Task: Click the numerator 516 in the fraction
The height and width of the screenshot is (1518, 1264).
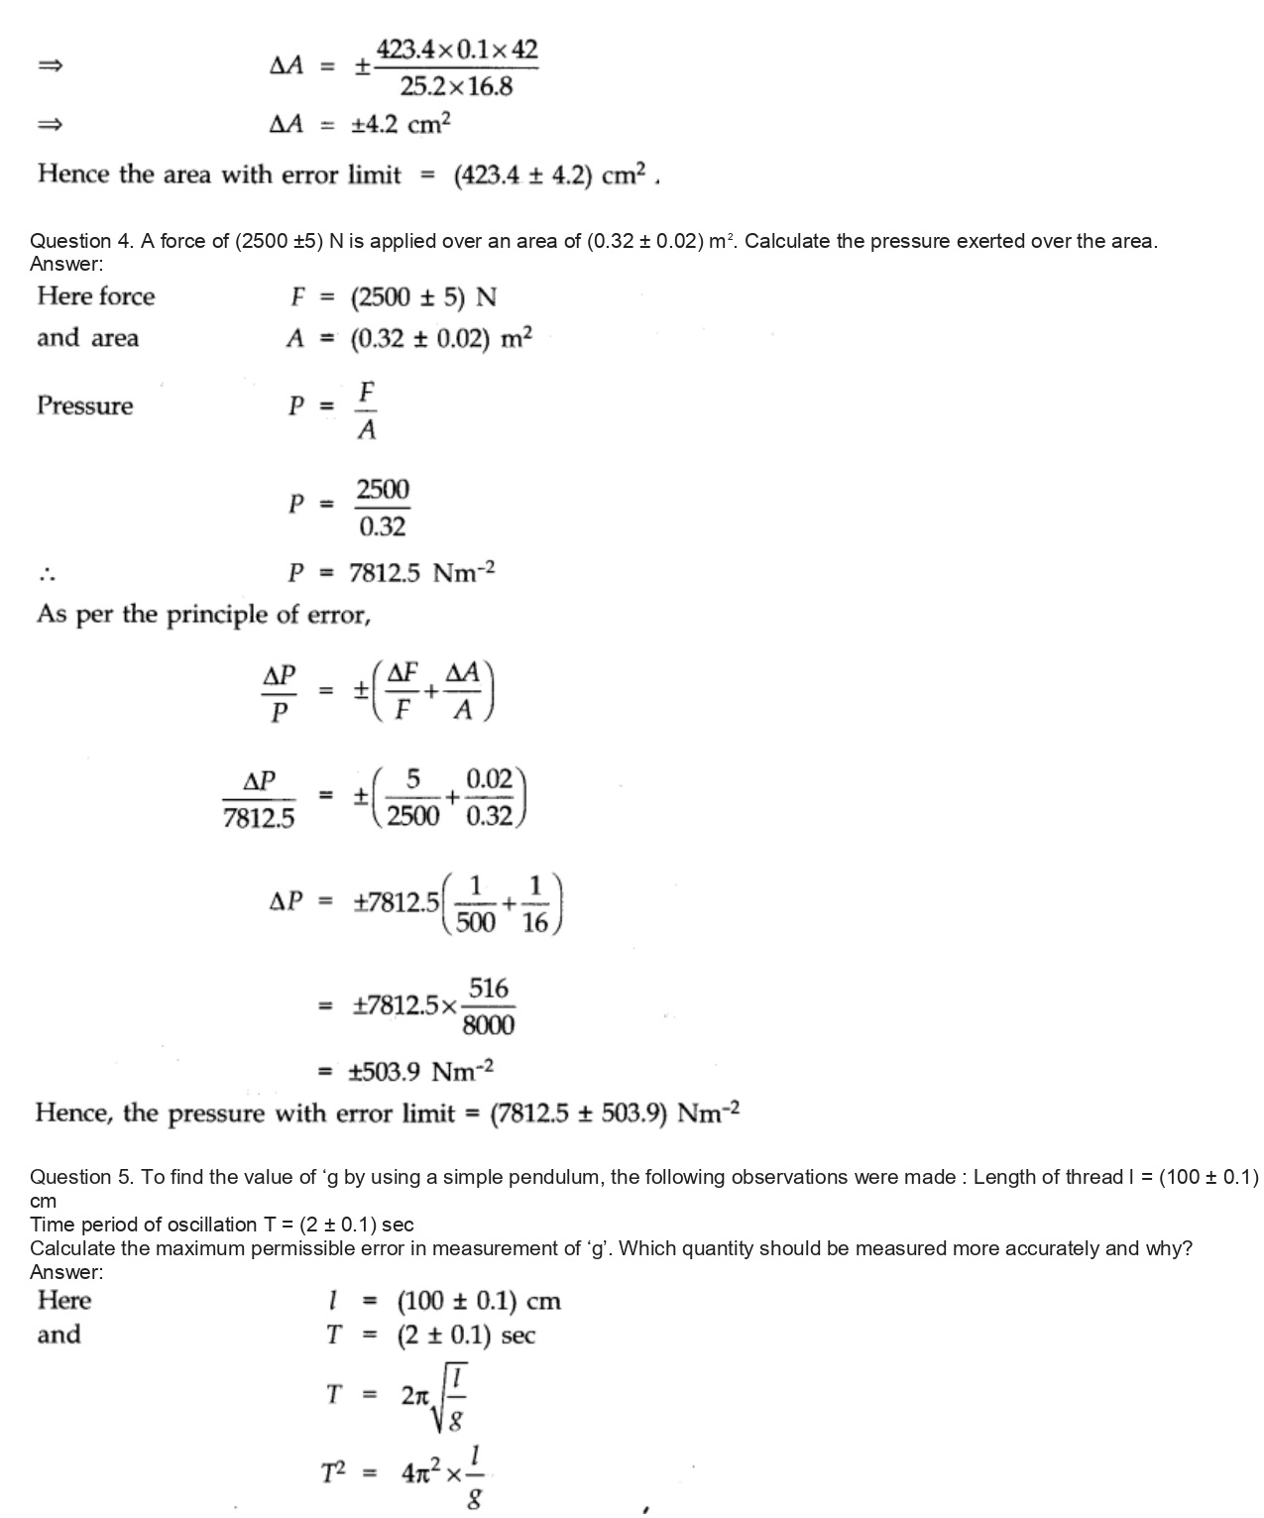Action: tap(489, 989)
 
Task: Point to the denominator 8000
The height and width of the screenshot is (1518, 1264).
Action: tap(489, 1024)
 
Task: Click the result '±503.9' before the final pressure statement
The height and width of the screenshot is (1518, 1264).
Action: tap(385, 1072)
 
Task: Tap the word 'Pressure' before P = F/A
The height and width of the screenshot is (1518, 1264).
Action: tap(84, 406)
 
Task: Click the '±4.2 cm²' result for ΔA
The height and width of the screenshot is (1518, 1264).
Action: tap(401, 125)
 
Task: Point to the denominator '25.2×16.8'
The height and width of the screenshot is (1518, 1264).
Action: tap(456, 87)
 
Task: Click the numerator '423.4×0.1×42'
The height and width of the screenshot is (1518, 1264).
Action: tap(457, 50)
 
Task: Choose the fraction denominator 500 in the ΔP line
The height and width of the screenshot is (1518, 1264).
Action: tap(476, 922)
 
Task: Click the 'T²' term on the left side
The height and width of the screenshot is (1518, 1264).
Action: tap(333, 1474)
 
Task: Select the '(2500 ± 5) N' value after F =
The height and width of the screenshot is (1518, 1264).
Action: tap(423, 297)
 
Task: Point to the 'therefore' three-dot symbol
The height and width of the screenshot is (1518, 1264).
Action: tap(48, 574)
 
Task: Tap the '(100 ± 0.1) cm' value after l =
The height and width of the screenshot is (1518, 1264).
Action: tap(479, 1301)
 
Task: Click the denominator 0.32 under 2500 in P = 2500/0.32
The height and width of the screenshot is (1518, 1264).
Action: tap(383, 526)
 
